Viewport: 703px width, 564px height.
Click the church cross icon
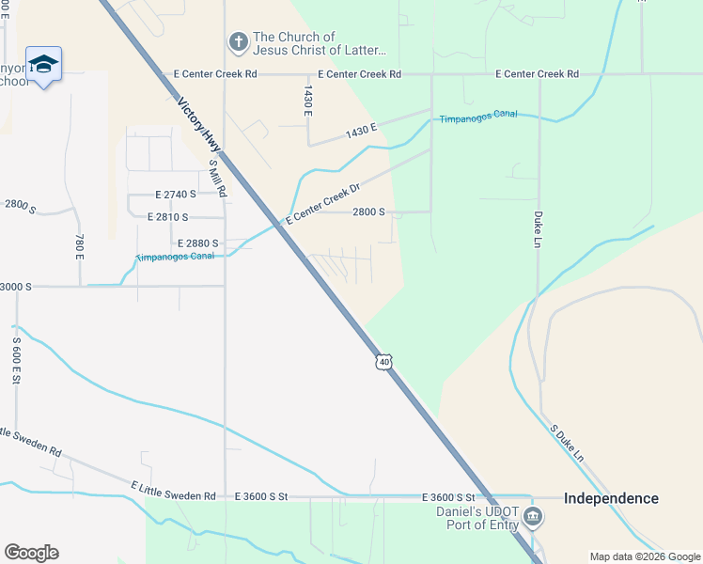tap(239, 42)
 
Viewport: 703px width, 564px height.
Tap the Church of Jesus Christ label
tap(319, 43)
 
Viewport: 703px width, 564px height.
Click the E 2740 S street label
tap(176, 195)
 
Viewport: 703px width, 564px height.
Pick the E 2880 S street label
tap(196, 243)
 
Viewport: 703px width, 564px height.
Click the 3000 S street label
tap(16, 286)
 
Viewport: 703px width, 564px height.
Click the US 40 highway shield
tap(383, 361)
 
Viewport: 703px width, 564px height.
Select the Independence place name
tap(611, 498)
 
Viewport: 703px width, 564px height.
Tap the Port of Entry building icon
tap(533, 516)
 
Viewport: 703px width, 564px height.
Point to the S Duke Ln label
tap(568, 444)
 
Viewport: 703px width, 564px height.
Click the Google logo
tap(31, 553)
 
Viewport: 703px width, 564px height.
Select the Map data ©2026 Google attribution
tap(644, 556)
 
